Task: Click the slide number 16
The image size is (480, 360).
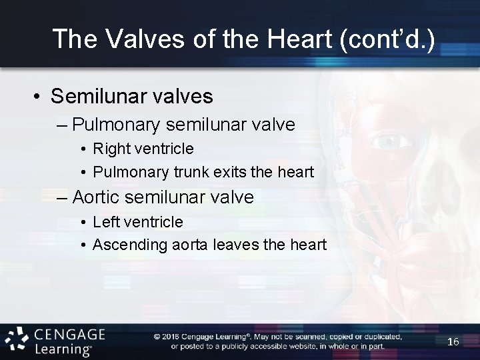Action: point(453,341)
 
